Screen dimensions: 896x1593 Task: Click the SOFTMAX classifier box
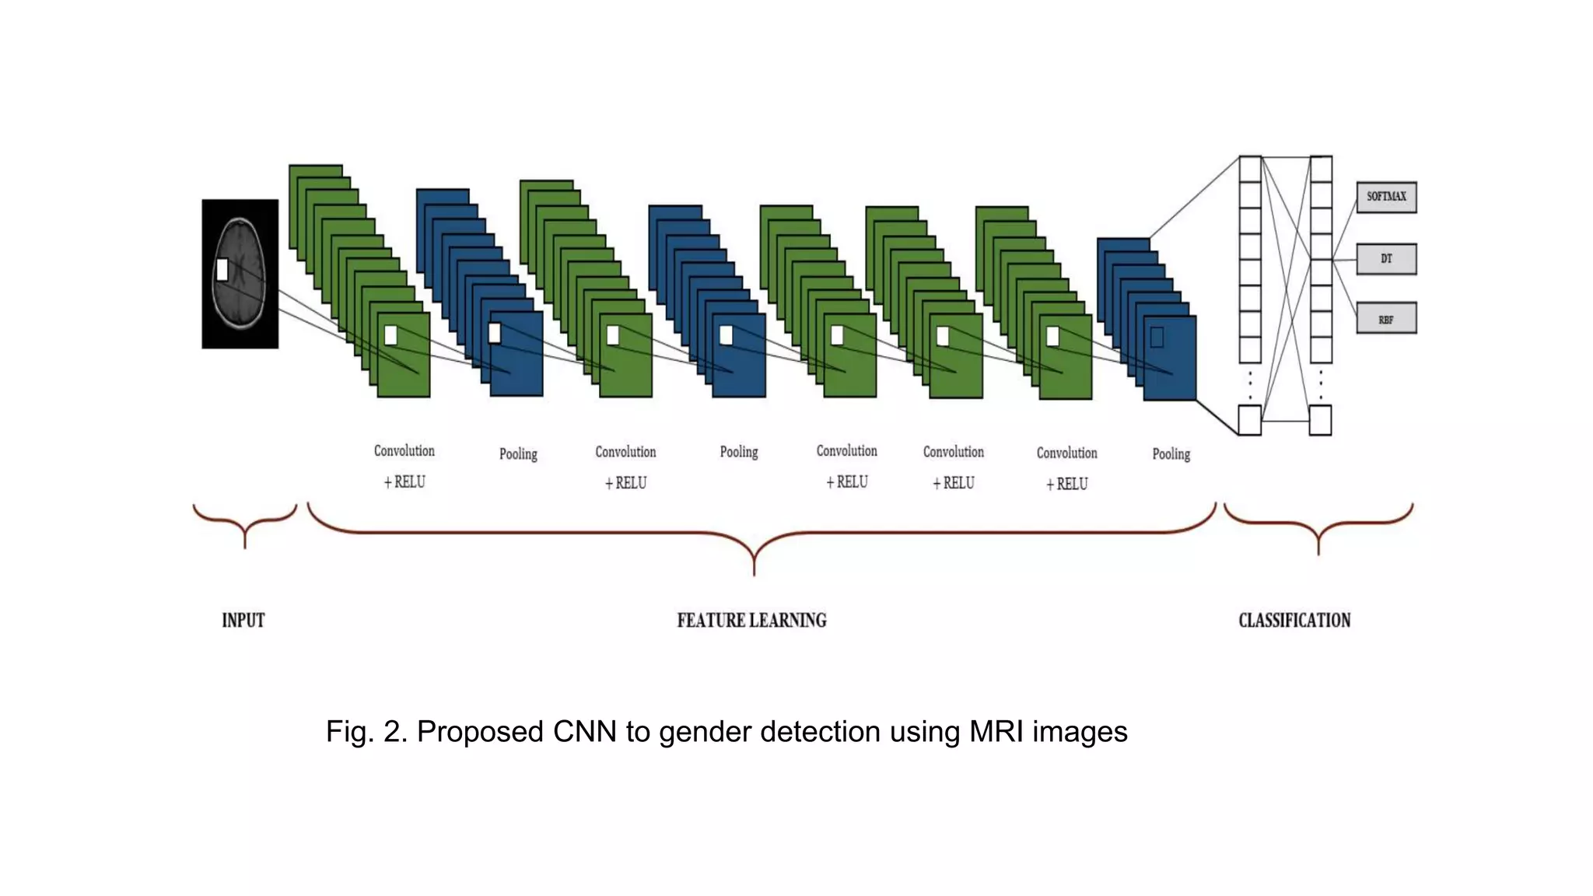1386,197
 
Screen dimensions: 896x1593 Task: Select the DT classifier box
1386,259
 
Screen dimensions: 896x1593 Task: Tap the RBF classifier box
1386,319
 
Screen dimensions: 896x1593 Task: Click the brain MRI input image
240,274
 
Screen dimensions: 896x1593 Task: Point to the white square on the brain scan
222,270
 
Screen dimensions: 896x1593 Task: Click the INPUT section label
243,620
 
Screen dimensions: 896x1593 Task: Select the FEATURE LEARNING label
751,620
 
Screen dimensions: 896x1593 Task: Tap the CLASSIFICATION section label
1294,620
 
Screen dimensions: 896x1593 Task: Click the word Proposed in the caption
480,732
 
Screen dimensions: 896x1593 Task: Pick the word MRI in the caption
996,732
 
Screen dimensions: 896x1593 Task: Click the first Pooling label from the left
518,453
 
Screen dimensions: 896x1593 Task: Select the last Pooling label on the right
1171,453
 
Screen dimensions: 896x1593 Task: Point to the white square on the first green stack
391,335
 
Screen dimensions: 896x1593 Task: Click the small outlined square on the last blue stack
1157,337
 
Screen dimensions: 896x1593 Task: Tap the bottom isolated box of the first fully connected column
1249,420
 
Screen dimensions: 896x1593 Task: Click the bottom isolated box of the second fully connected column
1320,420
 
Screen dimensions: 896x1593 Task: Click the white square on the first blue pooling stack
495,333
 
